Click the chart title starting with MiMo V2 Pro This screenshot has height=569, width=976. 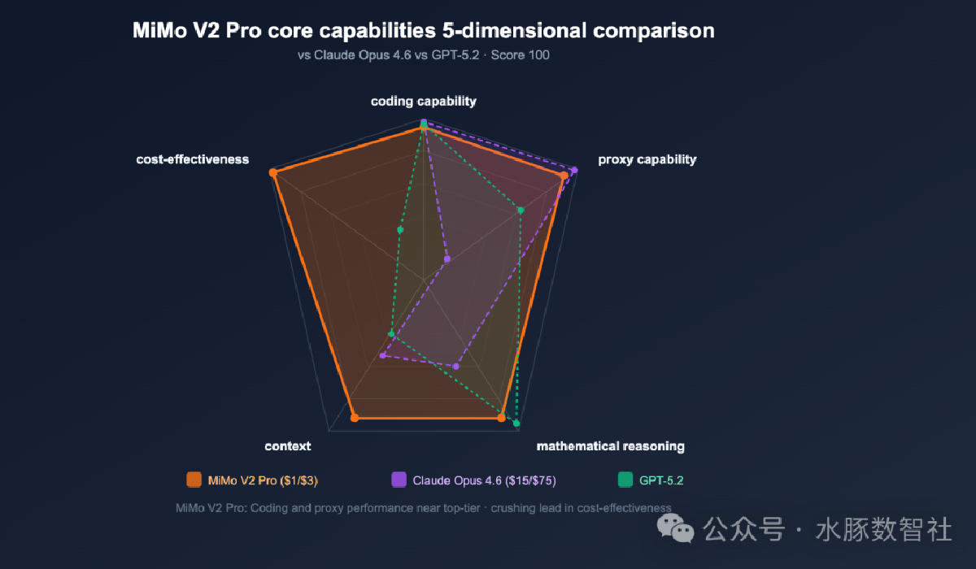tap(423, 32)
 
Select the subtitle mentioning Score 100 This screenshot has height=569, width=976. tap(423, 56)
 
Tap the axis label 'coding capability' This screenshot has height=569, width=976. tap(424, 102)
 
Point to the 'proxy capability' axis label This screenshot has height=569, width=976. tap(647, 159)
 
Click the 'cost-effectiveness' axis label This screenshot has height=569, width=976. tap(193, 159)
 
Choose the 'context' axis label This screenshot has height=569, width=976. tap(288, 446)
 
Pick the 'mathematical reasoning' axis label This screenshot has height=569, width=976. tap(610, 446)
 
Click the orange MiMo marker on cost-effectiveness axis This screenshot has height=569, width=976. tap(273, 172)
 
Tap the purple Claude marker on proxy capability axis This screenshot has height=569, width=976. tap(574, 170)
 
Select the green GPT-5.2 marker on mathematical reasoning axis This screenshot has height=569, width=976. tap(516, 423)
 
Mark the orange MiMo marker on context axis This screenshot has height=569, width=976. tap(355, 418)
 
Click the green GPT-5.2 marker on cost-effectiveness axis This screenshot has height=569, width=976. tap(400, 230)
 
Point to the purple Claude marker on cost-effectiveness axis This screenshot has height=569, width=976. tap(447, 259)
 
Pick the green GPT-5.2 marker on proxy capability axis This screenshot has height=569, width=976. tap(521, 211)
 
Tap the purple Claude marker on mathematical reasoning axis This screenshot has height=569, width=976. tap(455, 367)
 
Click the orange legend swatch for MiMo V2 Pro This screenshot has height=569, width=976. tap(194, 480)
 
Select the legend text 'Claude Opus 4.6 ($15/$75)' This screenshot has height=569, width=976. tap(484, 480)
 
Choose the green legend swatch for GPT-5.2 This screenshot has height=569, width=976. tap(625, 480)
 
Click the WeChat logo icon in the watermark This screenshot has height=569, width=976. tap(682, 530)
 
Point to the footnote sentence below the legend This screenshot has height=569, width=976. tap(423, 508)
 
